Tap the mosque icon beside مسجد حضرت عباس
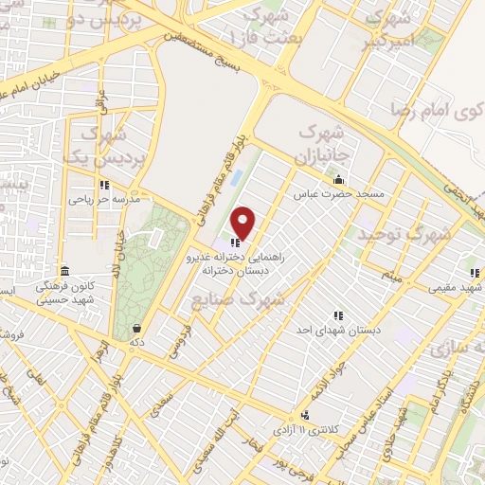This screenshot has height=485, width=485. (x=338, y=179)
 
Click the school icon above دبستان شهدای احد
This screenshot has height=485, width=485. (x=338, y=314)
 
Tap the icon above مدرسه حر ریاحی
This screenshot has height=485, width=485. (x=103, y=185)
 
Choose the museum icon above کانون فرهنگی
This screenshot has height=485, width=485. (x=64, y=270)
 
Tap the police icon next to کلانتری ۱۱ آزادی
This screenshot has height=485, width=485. (x=305, y=415)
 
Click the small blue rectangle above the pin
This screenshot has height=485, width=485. (x=236, y=177)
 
